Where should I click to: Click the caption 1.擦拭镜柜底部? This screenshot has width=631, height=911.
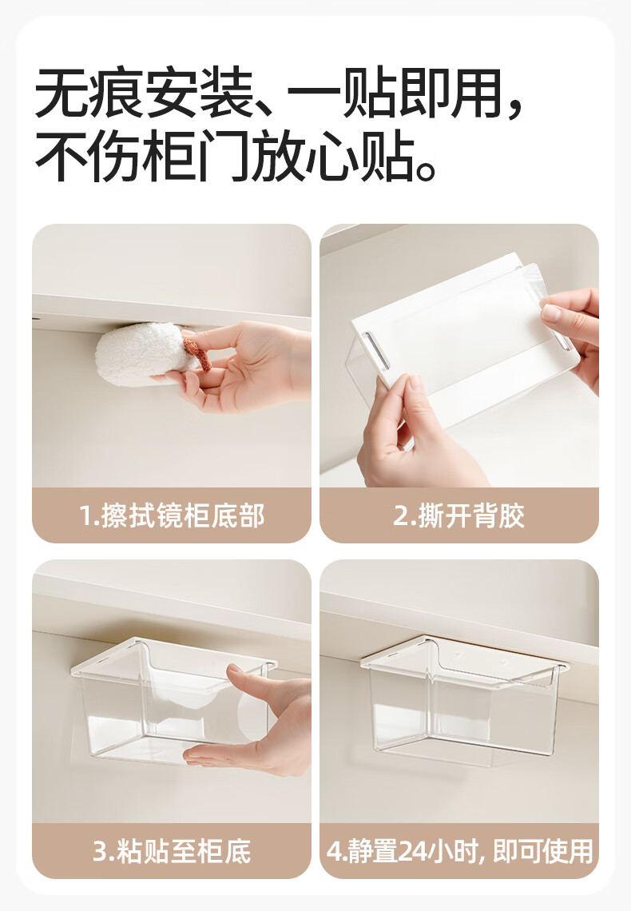[172, 516]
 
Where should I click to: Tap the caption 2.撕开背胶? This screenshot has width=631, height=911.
[458, 516]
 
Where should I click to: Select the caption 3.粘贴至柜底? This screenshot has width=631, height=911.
[172, 851]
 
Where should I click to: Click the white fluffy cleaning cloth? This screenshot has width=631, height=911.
[145, 354]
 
